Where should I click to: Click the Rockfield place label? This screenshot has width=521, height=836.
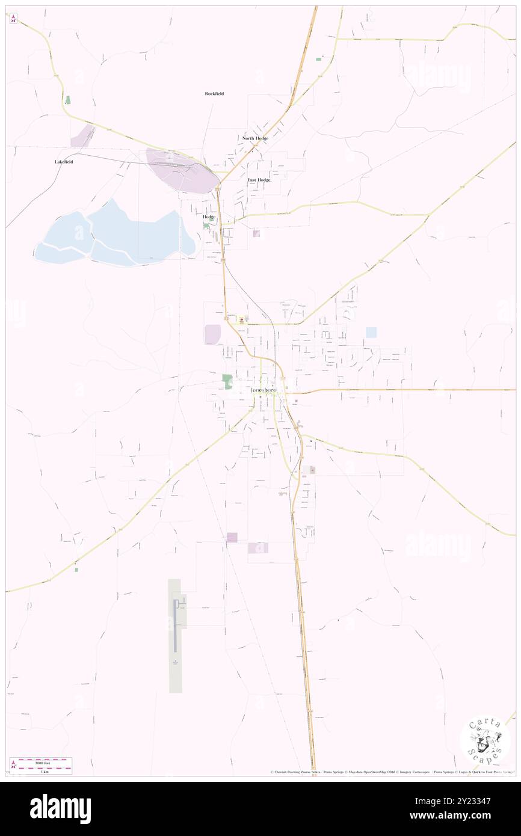(x=214, y=94)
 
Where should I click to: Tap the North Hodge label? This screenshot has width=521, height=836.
(x=255, y=138)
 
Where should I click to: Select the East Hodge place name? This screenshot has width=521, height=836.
(x=259, y=180)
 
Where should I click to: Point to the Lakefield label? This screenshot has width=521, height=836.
(x=64, y=162)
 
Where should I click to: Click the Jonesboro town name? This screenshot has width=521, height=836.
(x=264, y=390)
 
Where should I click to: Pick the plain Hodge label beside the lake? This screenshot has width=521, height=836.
(x=209, y=217)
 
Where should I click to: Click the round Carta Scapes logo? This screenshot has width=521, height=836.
(x=485, y=742)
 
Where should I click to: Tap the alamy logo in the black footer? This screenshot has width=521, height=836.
(x=60, y=808)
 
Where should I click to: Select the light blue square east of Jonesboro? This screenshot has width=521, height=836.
(x=371, y=332)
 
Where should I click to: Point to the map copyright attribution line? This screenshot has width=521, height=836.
(x=391, y=772)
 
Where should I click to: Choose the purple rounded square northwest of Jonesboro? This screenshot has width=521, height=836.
(x=212, y=334)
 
